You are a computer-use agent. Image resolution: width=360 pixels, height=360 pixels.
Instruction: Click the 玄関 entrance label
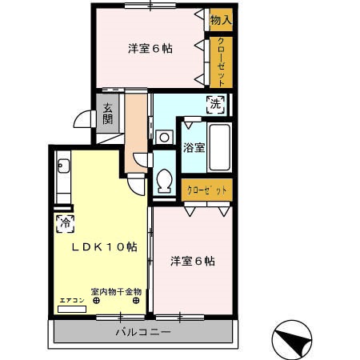point(107,113)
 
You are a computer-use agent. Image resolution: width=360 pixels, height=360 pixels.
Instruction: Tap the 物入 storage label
point(221,18)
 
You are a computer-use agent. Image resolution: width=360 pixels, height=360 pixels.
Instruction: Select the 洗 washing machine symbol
point(214,103)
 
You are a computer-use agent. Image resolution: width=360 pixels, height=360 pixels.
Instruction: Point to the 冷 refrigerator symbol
point(65,223)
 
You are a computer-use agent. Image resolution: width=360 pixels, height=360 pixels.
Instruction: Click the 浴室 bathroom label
point(194,147)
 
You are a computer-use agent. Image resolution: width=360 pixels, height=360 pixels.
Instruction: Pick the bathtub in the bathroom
point(219,147)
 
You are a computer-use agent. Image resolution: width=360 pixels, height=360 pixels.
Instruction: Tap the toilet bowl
point(165,182)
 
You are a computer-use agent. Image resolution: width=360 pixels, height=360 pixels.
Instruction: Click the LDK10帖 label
point(104,247)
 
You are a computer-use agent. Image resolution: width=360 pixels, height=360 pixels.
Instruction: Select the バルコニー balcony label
point(143,332)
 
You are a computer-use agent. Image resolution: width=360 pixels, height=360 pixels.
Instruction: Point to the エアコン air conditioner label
point(71,300)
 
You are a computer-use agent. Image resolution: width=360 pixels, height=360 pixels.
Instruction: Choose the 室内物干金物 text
point(116,291)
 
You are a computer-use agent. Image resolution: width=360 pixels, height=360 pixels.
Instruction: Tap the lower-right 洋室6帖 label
point(192,261)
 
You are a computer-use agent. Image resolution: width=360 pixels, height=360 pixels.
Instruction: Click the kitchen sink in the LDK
point(64,169)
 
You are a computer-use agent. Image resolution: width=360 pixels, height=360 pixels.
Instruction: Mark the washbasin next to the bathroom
point(164,137)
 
